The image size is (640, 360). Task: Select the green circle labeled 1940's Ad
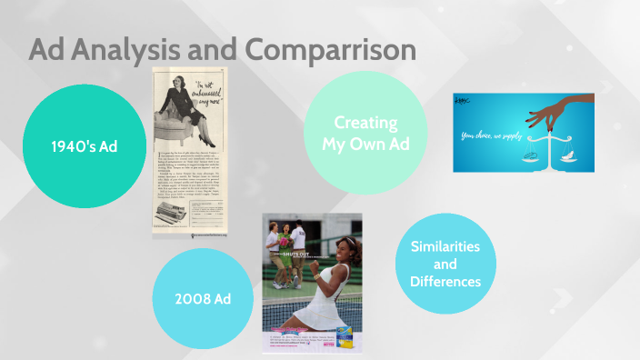(x=84, y=146)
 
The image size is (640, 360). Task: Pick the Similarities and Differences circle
(x=445, y=264)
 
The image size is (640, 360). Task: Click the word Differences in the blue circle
(x=445, y=281)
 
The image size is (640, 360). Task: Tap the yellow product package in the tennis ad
(x=345, y=337)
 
